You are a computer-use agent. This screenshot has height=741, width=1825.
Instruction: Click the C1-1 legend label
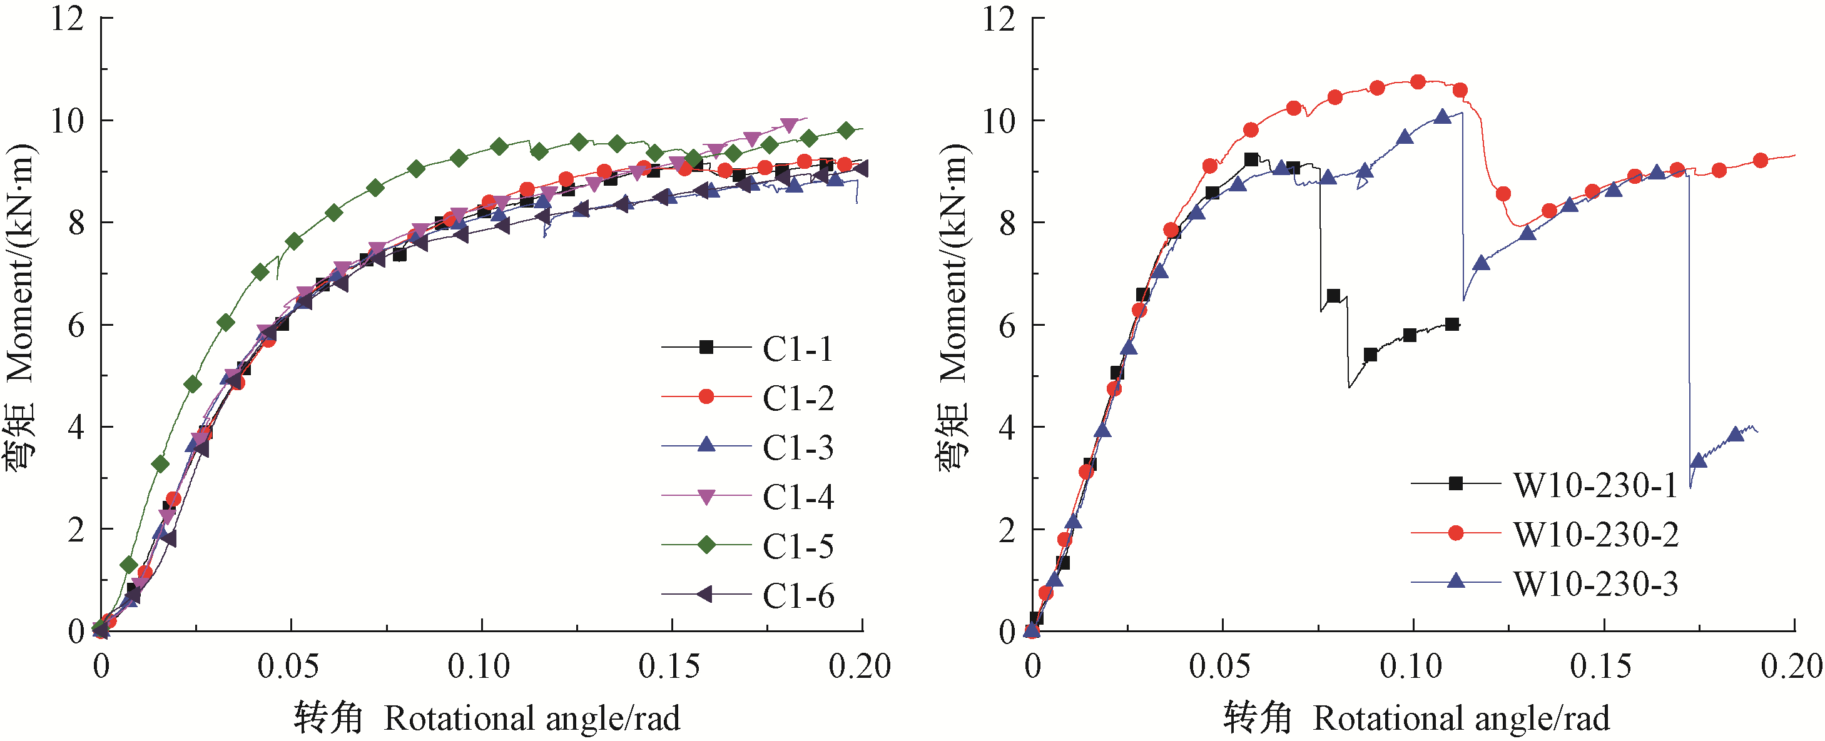(x=798, y=348)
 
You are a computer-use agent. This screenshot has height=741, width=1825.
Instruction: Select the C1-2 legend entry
(x=798, y=398)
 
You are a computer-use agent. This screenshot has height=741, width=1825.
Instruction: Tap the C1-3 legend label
(x=798, y=447)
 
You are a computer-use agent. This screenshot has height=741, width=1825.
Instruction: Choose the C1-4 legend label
(x=798, y=497)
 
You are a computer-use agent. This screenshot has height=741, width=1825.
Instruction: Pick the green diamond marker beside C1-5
(x=706, y=545)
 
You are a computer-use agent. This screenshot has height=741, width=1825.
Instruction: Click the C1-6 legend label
(x=798, y=596)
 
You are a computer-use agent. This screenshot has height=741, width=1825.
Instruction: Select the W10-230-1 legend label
(x=1595, y=485)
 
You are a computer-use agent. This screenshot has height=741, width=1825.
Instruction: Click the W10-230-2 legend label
(x=1595, y=535)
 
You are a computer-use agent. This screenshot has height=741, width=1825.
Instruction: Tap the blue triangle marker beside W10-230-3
(x=1456, y=581)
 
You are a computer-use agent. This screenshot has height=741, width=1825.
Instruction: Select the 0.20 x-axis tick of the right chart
(x=1791, y=667)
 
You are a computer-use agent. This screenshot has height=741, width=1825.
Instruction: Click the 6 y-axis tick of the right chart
(x=1007, y=326)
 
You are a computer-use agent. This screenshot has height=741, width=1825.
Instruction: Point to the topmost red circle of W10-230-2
(x=1418, y=82)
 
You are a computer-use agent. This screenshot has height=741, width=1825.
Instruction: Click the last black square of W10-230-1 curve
(x=1452, y=325)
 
